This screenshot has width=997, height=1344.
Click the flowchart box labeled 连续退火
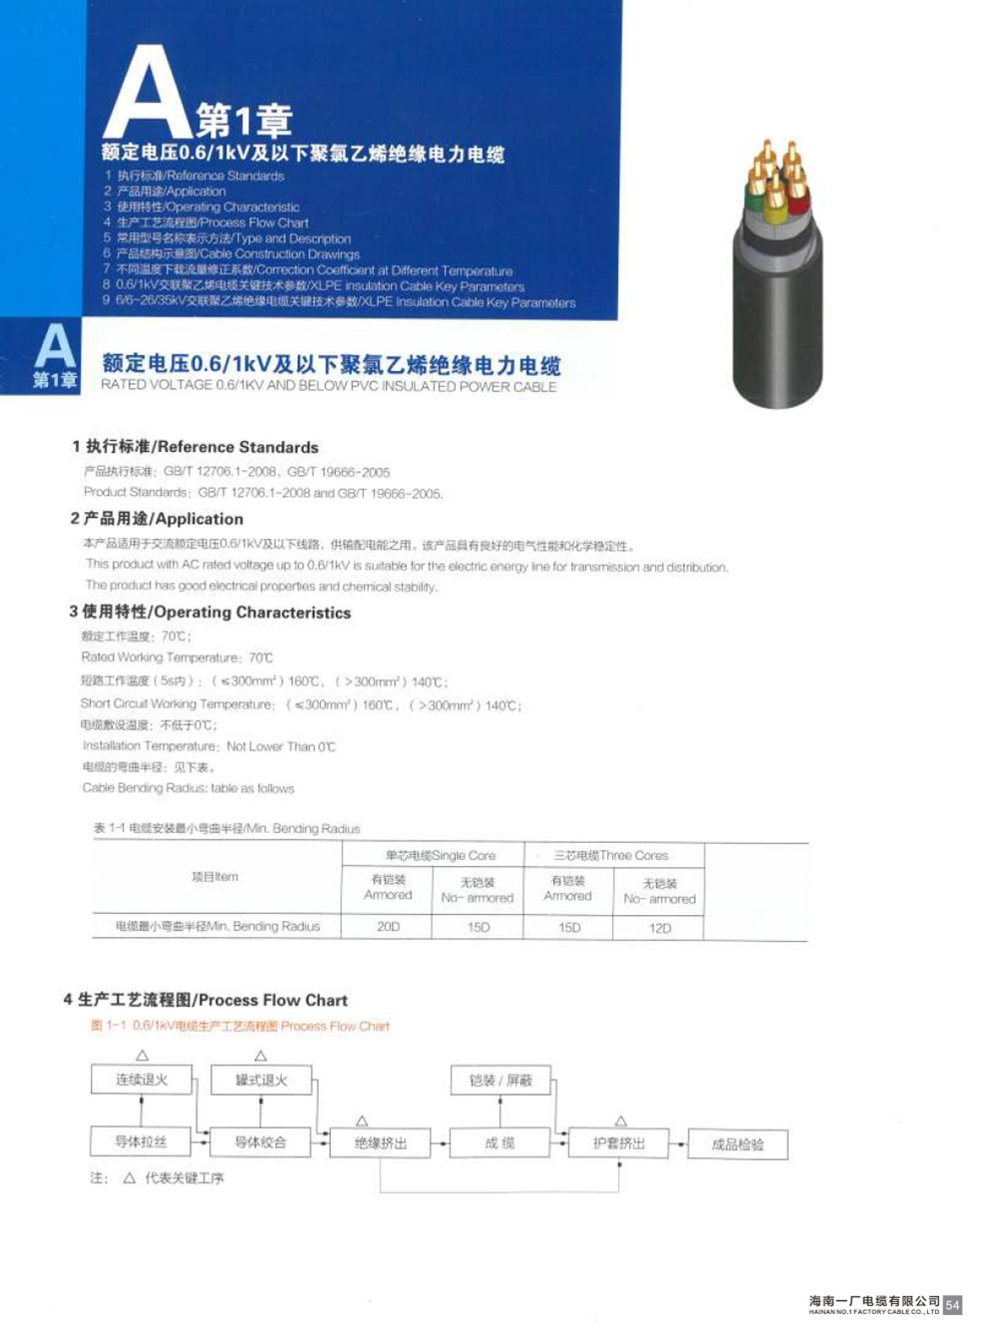141,1080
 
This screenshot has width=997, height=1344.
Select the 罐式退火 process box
260,1081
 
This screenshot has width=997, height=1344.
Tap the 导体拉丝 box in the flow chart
141,1141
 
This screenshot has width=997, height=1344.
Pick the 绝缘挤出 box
380,1143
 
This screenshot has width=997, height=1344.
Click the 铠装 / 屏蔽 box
500,1081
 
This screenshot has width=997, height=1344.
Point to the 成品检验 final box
738,1144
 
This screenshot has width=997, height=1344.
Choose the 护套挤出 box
619,1143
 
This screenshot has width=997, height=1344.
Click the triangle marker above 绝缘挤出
362,1121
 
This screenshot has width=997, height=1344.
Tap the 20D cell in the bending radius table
388,927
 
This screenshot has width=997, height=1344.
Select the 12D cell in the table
660,928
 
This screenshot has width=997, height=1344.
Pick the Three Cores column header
611,855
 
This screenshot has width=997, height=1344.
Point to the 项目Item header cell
215,877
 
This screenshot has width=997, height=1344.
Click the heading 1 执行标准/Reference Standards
195,447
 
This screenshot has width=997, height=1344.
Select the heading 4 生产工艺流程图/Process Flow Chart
205,1000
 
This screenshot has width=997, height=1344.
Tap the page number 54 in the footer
952,1305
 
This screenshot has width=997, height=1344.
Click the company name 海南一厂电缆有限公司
874,1301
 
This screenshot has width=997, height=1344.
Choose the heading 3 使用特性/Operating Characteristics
209,613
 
